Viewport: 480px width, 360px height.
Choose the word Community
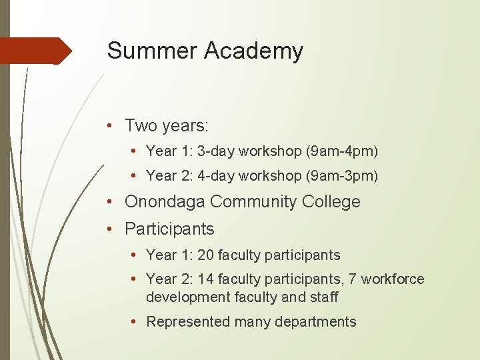coord(251,202)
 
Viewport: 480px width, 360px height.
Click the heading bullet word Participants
coord(169,229)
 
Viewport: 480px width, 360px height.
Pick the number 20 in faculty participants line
coord(205,255)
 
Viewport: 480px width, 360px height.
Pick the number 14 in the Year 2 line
coord(205,279)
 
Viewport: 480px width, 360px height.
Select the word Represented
coord(187,322)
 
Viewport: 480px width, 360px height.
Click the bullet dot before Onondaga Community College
coord(116,202)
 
